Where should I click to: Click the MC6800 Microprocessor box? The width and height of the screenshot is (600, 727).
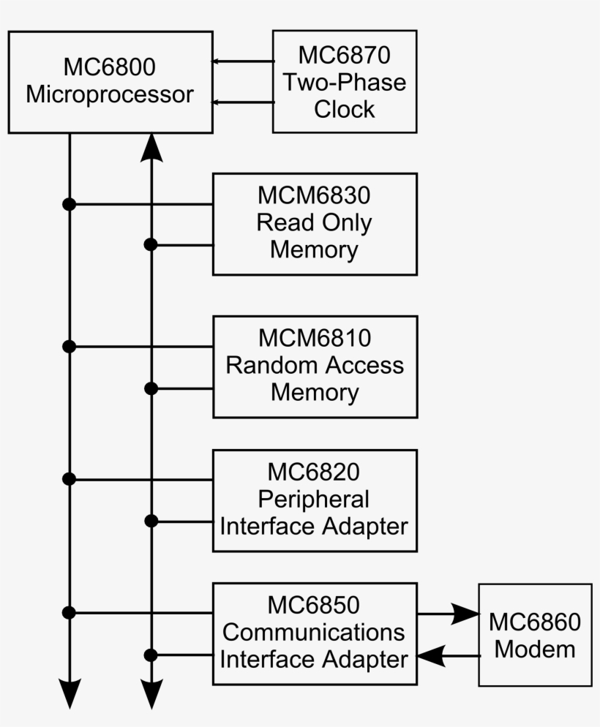(110, 82)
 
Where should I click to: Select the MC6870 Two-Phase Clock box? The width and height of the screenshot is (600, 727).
(345, 82)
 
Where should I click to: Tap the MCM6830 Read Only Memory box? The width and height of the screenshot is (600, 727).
(315, 224)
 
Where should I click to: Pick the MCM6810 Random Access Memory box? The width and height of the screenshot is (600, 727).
(315, 366)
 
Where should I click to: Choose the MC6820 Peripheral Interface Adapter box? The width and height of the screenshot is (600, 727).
(315, 500)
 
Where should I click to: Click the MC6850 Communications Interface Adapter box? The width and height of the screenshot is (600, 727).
(315, 634)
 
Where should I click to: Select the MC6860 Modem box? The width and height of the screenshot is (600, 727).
(535, 635)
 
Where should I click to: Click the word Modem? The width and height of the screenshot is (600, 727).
(535, 649)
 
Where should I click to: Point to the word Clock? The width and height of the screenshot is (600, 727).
(345, 109)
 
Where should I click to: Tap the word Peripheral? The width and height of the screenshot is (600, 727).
(314, 500)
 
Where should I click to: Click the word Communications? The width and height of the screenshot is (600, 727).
(314, 632)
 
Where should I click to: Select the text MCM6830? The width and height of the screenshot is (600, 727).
(314, 196)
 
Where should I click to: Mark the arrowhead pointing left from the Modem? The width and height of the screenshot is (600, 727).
(431, 656)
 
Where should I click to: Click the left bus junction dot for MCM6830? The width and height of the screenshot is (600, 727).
(70, 204)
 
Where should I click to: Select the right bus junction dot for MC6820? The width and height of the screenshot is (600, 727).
(151, 521)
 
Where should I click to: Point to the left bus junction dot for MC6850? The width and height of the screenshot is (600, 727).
(70, 612)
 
